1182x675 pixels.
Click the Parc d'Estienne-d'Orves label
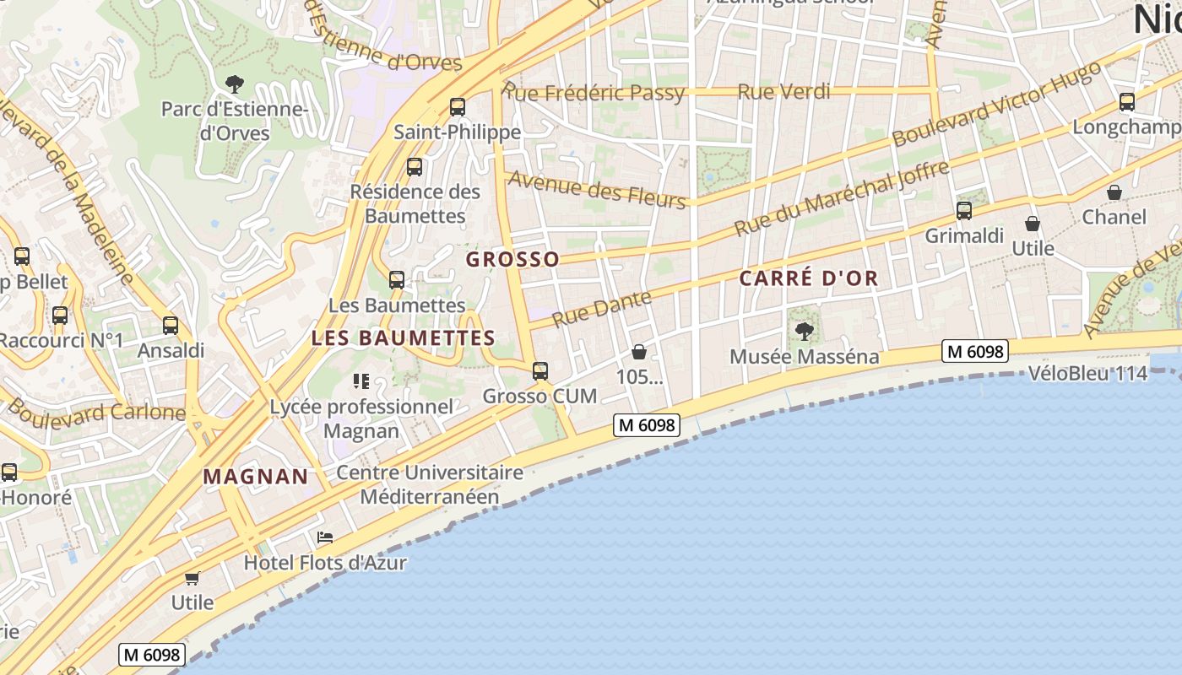(x=234, y=121)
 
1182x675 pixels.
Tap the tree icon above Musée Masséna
(x=805, y=331)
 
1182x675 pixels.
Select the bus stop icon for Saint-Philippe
(x=458, y=107)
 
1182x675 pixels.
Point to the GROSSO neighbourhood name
(x=512, y=259)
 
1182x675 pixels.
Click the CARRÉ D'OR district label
(x=809, y=278)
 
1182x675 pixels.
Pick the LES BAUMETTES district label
(x=404, y=338)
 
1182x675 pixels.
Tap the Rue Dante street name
(x=602, y=308)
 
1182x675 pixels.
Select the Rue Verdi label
(x=784, y=91)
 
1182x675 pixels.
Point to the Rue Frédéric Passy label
(x=594, y=92)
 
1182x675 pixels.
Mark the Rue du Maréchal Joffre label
(x=842, y=198)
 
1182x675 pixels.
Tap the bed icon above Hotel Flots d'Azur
(x=325, y=537)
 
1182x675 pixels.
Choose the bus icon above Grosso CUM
(x=540, y=370)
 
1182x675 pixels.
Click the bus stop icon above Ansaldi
(x=171, y=326)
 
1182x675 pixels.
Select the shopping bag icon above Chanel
(x=1114, y=192)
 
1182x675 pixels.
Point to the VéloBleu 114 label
(x=1088, y=373)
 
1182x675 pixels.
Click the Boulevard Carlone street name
(x=96, y=413)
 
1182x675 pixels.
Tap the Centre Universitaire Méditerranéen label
(x=430, y=484)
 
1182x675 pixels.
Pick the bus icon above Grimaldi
(x=964, y=211)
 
